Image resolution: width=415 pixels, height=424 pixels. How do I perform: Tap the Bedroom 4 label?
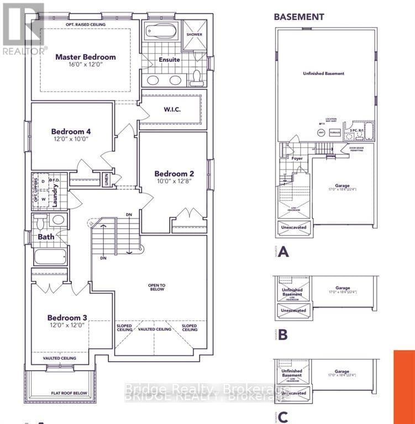[x=71, y=131]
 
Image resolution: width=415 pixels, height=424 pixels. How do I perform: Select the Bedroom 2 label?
[x=174, y=173]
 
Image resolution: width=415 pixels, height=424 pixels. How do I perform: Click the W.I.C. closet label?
[x=172, y=109]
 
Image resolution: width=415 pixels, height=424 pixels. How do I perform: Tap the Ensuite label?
[x=169, y=60]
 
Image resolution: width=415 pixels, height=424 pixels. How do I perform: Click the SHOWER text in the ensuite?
[x=194, y=34]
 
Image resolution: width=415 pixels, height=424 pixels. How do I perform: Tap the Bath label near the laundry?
[x=45, y=237]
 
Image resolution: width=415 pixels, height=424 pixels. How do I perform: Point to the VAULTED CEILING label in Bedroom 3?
[x=60, y=358]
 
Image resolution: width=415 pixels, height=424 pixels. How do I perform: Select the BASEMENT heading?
[x=299, y=17]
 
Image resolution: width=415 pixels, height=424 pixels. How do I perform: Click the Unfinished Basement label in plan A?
[x=323, y=73]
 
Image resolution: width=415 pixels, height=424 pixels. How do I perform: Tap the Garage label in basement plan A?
[x=343, y=186]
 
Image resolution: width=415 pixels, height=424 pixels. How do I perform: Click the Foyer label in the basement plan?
[x=297, y=158]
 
